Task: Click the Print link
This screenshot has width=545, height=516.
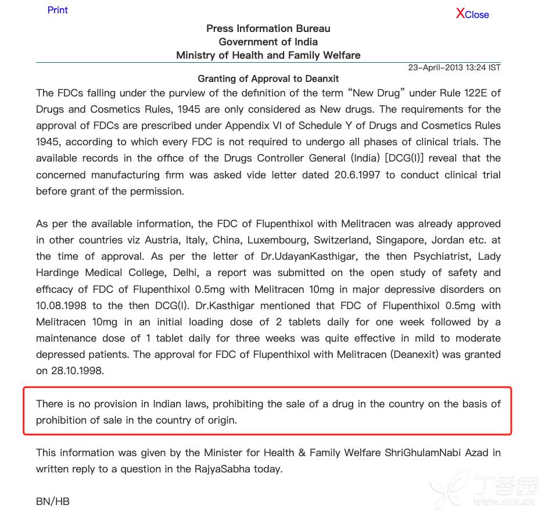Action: pos(58,10)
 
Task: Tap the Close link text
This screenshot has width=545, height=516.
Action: pos(477,15)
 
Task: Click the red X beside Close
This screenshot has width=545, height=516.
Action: pos(460,13)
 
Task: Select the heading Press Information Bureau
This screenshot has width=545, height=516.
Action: pos(268,28)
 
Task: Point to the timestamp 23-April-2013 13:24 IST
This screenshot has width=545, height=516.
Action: pos(454,67)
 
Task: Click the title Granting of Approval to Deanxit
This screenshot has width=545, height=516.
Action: pos(268,78)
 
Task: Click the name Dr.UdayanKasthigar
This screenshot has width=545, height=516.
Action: pos(311,256)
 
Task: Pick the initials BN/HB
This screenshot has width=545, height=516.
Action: pos(53,501)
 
